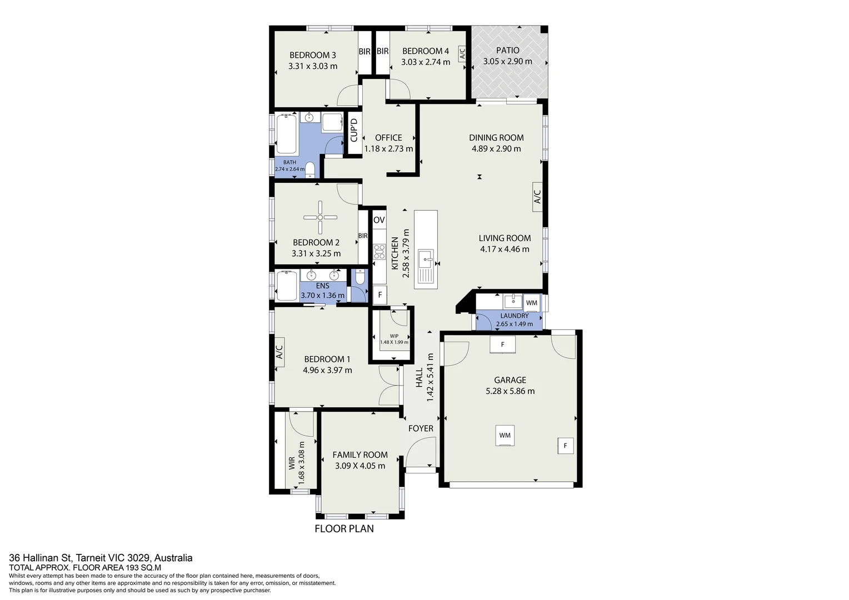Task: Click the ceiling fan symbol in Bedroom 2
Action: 320,217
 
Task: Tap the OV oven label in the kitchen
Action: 379,220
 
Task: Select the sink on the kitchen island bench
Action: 426,258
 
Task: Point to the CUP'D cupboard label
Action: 353,130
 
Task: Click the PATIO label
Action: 508,51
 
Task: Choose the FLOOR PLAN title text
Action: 344,529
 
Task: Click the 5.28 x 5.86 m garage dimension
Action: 510,391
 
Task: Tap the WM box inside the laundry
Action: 532,303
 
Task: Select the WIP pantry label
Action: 394,336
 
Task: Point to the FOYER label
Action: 421,428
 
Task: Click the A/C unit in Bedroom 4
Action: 462,53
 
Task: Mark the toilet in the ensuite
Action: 359,277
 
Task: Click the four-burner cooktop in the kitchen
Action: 379,252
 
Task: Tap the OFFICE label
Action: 388,138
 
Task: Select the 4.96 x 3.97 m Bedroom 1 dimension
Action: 327,370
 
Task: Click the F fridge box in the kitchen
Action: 380,294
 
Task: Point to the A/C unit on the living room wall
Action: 537,197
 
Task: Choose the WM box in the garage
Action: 505,436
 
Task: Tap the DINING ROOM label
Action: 496,138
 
